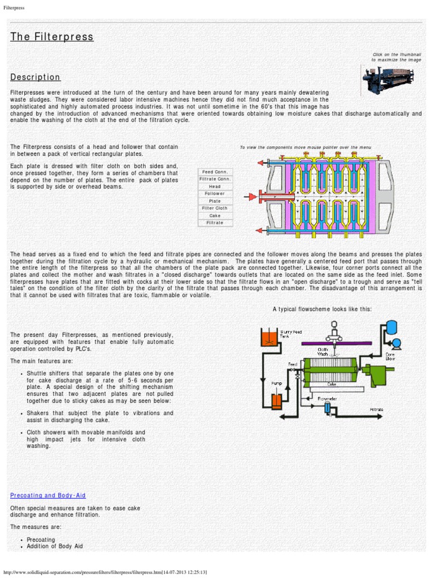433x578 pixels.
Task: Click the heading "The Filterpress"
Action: [52, 37]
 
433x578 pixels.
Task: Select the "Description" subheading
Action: [36, 77]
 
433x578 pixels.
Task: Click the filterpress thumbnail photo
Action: [390, 79]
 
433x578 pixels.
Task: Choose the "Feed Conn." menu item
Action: [215, 172]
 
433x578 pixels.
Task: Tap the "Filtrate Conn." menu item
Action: [215, 179]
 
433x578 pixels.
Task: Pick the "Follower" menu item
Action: [215, 194]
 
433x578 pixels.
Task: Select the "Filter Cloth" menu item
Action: [215, 208]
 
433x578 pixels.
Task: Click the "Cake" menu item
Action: [215, 216]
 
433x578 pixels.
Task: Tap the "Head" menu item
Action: [215, 186]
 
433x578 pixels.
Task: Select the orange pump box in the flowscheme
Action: [276, 401]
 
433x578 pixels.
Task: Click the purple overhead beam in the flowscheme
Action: [336, 343]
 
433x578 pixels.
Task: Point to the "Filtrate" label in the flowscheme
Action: [377, 409]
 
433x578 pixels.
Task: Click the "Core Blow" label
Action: [390, 356]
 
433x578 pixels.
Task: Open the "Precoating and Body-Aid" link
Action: [48, 496]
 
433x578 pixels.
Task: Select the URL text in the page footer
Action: [105, 572]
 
